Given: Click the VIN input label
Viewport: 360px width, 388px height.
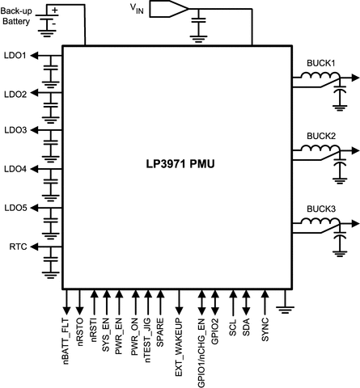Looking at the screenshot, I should pos(141,8).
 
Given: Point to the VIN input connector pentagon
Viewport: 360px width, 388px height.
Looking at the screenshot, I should pos(175,9).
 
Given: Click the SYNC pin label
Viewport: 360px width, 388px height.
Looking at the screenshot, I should pos(265,332).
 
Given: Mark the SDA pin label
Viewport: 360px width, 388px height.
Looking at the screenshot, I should pos(247,330).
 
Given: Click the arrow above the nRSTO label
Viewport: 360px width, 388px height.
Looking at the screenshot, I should pos(79,302).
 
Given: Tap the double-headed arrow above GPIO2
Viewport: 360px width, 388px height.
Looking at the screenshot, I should pos(214,302).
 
